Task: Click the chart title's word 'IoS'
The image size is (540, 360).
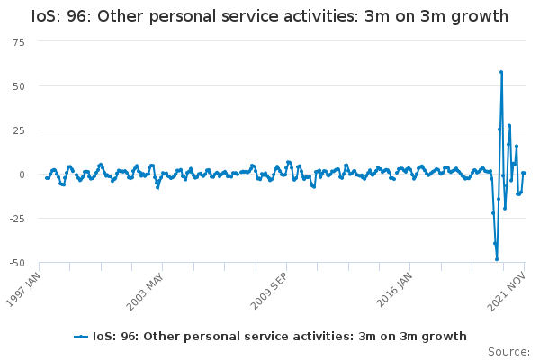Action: point(45,16)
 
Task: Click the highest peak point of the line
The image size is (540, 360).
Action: point(501,72)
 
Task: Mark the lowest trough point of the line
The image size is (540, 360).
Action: point(497,259)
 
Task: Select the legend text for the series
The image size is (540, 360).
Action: point(279,337)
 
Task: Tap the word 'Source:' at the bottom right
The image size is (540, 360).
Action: point(509,352)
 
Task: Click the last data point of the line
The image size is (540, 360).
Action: point(525,173)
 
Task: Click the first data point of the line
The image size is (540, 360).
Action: point(46,177)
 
